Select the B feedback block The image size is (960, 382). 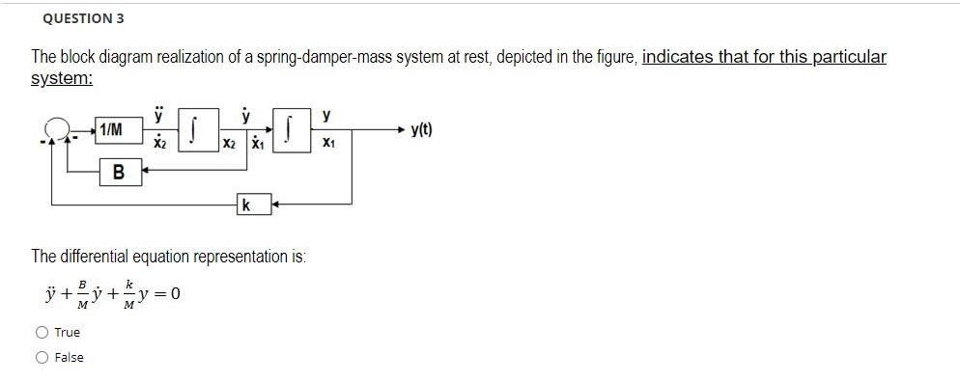click(118, 173)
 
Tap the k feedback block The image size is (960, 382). click(247, 205)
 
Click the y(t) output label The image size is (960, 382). click(421, 129)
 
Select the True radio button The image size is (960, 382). click(42, 332)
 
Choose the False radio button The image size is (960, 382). click(42, 357)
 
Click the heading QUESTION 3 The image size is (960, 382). click(83, 18)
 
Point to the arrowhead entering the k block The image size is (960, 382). click(274, 205)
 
